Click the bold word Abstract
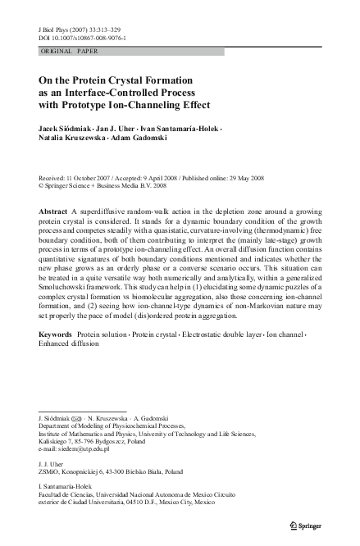click(53, 211)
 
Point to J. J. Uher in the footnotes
click(51, 465)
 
